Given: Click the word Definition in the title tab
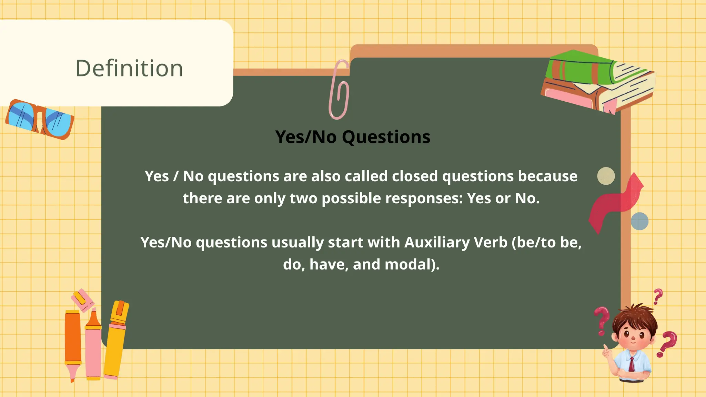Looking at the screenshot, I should (x=129, y=68).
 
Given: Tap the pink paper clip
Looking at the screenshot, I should (x=339, y=90).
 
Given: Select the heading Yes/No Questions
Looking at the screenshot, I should (x=353, y=137).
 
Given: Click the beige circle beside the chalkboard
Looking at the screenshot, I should (x=606, y=176).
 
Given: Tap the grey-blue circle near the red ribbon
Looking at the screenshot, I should (x=639, y=221).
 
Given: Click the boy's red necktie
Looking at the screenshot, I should (x=632, y=364).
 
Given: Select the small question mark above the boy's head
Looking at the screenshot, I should (x=658, y=296).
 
